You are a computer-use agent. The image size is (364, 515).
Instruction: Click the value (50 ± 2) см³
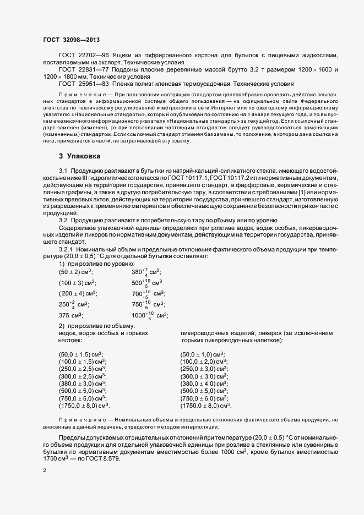pos(76,272)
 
